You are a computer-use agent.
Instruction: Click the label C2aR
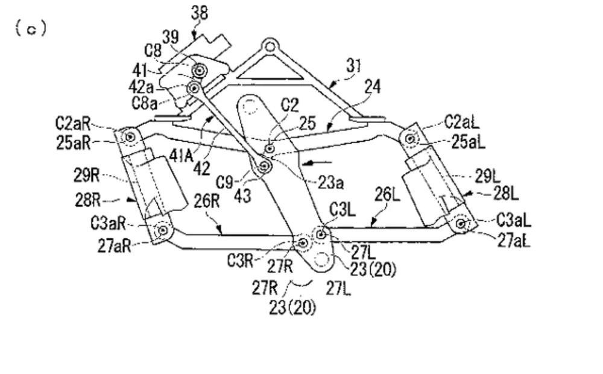tap(73, 124)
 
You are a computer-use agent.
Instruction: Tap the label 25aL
tap(468, 142)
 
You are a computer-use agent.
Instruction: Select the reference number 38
tap(200, 13)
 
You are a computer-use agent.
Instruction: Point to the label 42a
tap(141, 87)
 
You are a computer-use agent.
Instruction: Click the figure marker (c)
tap(31, 28)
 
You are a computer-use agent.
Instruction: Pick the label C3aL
tap(513, 220)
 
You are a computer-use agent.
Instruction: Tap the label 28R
tap(87, 200)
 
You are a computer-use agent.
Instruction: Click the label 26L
tap(387, 195)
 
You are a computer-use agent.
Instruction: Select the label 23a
tap(330, 183)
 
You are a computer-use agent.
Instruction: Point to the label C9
tap(224, 182)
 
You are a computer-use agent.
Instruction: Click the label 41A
tap(181, 156)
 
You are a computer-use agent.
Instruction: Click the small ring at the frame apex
tap(270, 47)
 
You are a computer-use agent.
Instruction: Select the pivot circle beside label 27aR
tap(163, 230)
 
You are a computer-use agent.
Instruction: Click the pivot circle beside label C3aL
tap(461, 224)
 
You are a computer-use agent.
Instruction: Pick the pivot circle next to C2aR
tap(130, 136)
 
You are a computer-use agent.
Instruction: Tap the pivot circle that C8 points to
tap(200, 71)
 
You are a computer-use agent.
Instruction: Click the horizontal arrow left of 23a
tap(317, 163)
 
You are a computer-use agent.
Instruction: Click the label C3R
tap(240, 261)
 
